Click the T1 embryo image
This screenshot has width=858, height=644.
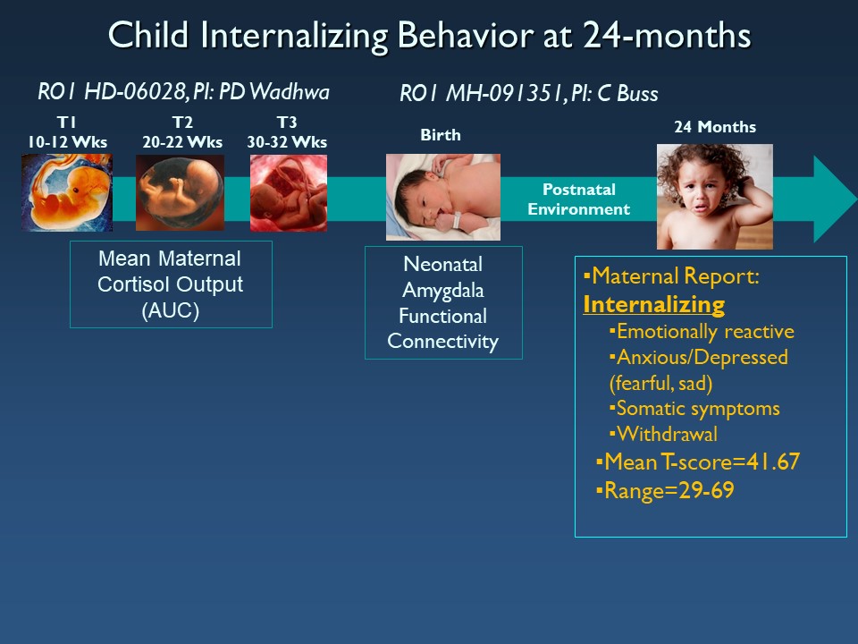pyautogui.click(x=67, y=192)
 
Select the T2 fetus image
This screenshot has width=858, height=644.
pyautogui.click(x=180, y=192)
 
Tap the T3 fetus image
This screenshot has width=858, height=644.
pyautogui.click(x=289, y=193)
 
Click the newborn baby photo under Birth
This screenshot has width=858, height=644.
pyautogui.click(x=442, y=197)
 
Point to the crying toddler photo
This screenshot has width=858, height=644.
pyautogui.click(x=715, y=197)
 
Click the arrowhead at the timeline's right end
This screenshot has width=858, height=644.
pyautogui.click(x=835, y=199)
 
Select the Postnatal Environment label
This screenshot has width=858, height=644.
pyautogui.click(x=578, y=199)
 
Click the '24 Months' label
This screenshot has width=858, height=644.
pyautogui.click(x=715, y=127)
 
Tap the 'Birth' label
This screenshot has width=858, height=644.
pyautogui.click(x=441, y=135)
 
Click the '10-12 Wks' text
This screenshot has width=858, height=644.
pyautogui.click(x=67, y=142)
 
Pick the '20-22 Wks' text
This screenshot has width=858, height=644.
pyautogui.click(x=182, y=142)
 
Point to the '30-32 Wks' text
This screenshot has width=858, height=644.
pyautogui.click(x=287, y=142)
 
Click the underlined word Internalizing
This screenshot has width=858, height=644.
pyautogui.click(x=654, y=304)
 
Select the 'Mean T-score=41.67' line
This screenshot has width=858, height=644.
pyautogui.click(x=698, y=462)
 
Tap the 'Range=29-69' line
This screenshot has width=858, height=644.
pyautogui.click(x=665, y=490)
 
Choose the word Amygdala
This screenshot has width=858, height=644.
pyautogui.click(x=442, y=291)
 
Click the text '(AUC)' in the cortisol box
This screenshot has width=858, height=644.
pyautogui.click(x=170, y=310)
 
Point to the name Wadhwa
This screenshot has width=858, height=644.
pyautogui.click(x=289, y=92)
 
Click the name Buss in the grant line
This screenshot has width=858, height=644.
pyautogui.click(x=637, y=94)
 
